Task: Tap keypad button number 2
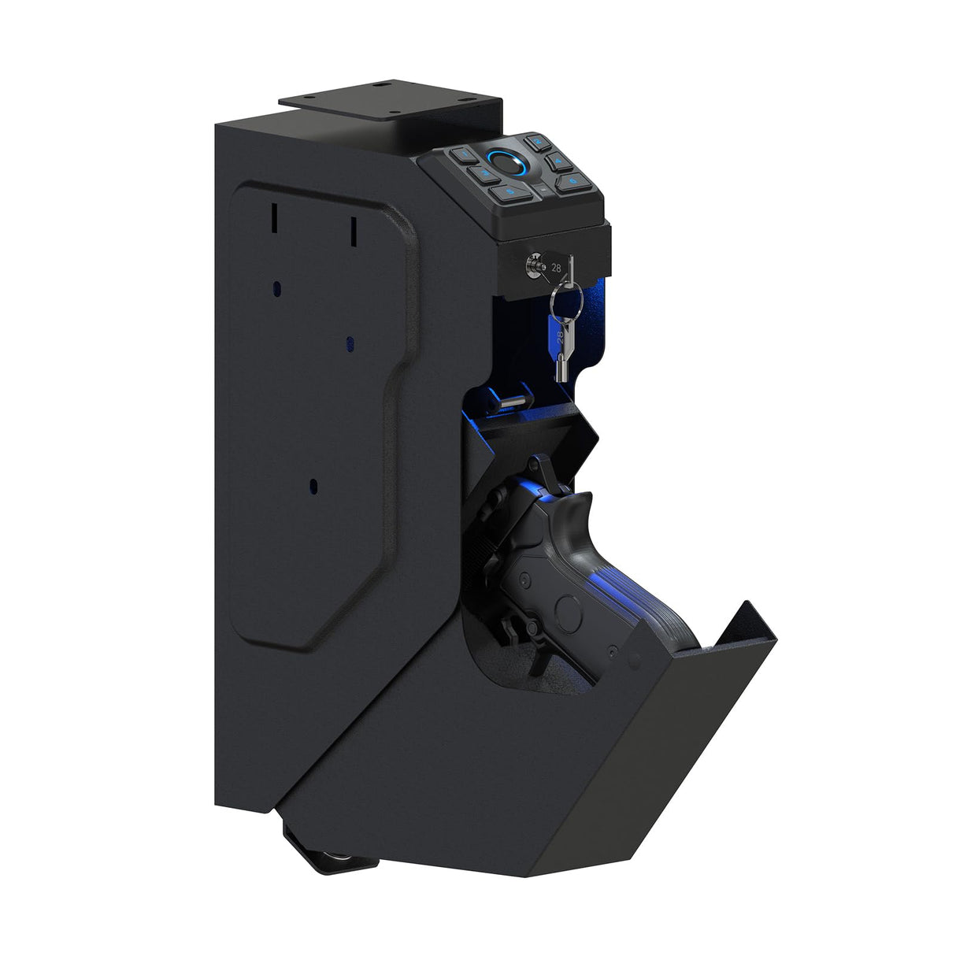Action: (538, 143)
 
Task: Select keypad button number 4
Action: (558, 163)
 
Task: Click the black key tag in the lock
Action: (558, 269)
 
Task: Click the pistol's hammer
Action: (541, 468)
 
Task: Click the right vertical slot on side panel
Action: (354, 230)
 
